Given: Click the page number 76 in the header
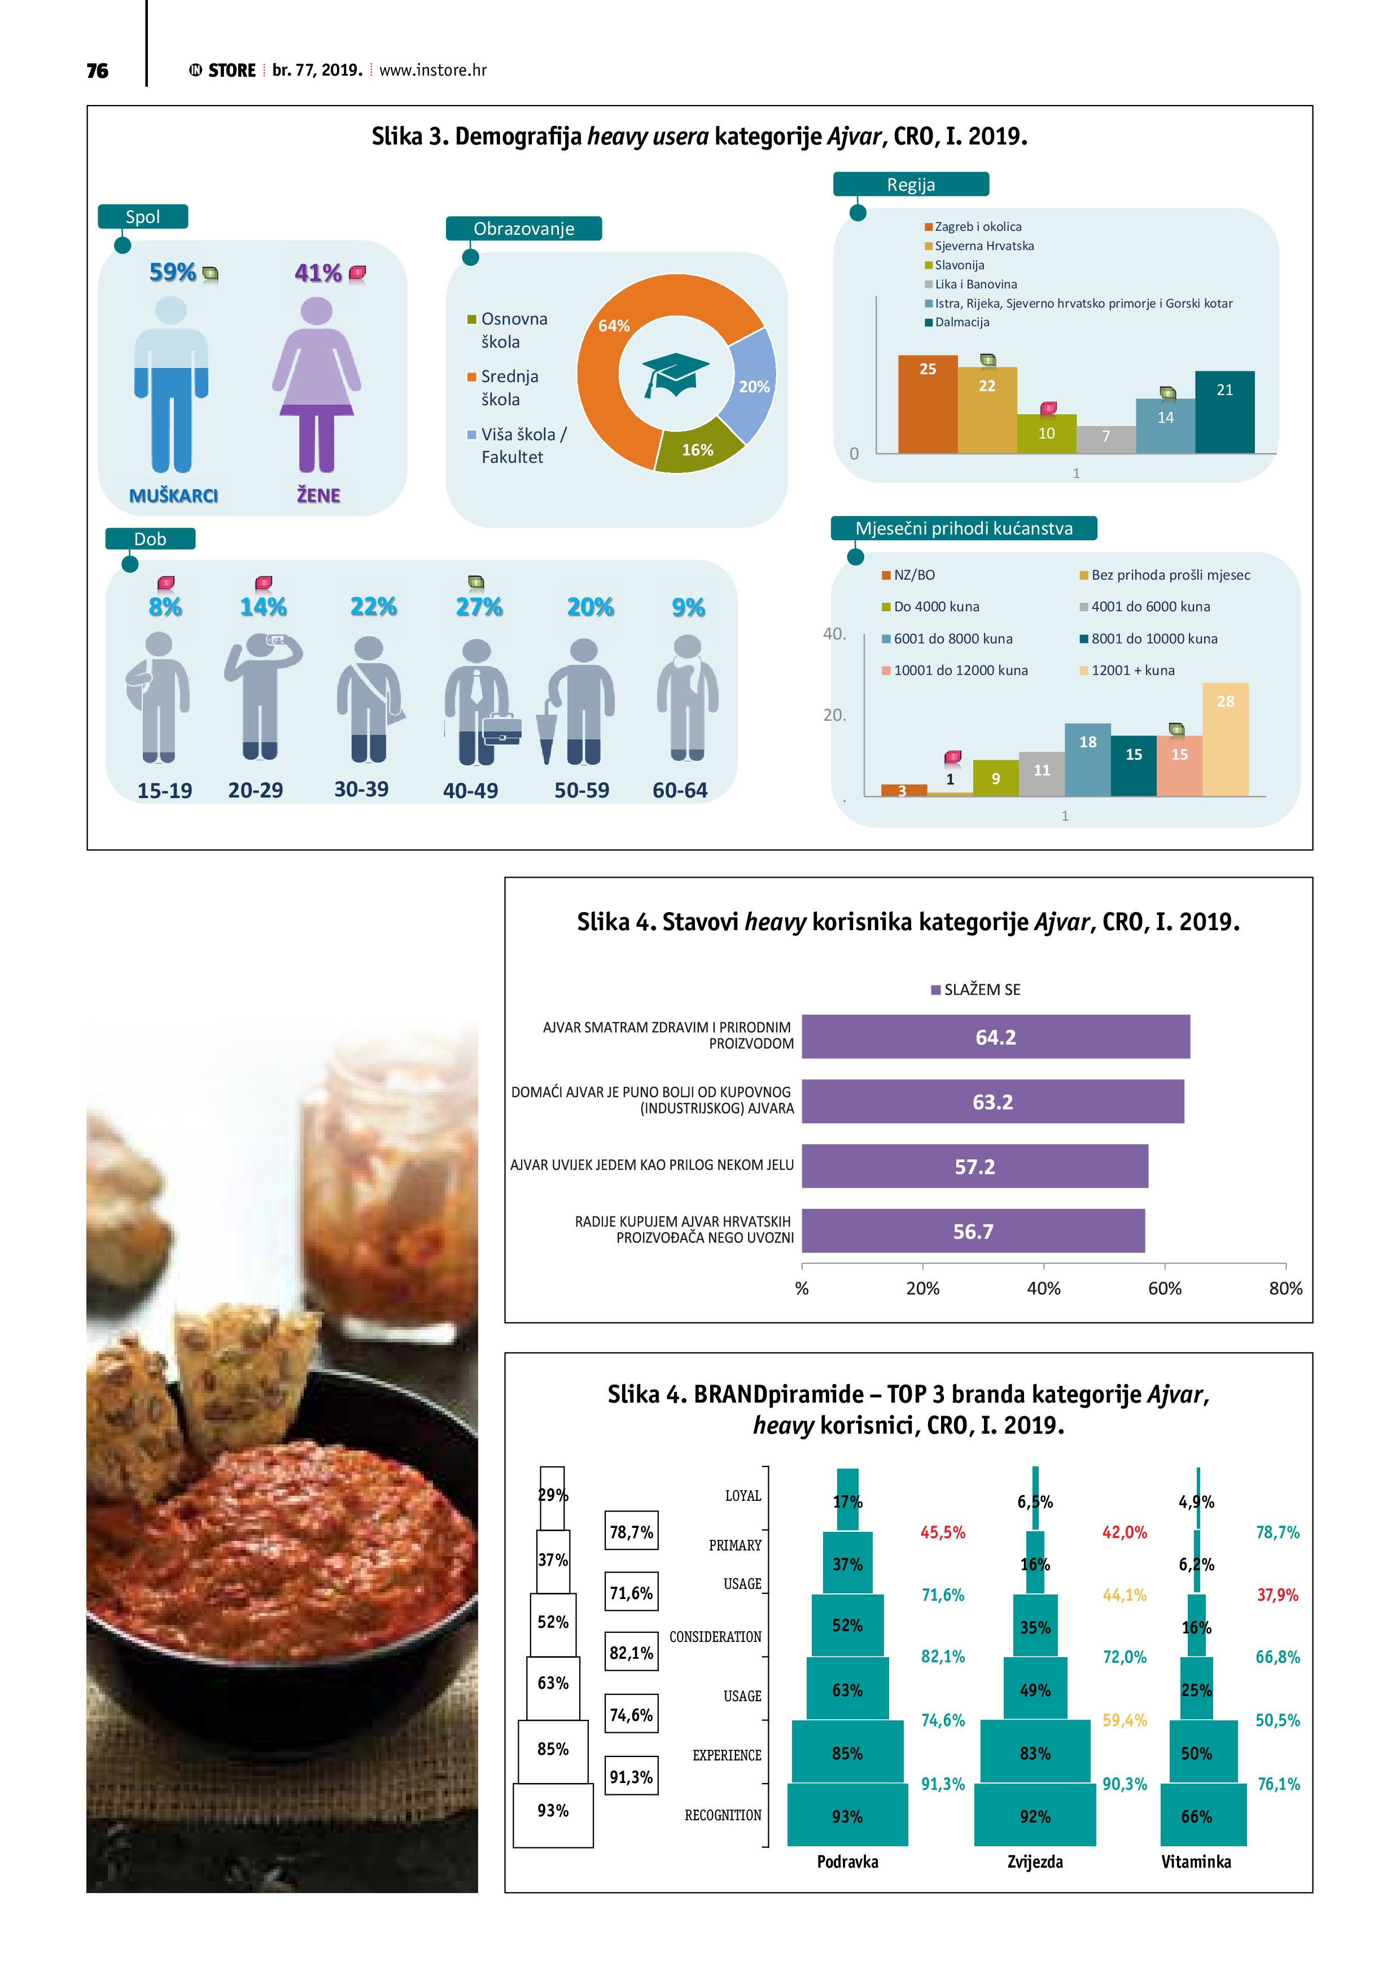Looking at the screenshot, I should point(98,71).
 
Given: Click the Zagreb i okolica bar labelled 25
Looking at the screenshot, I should point(928,404).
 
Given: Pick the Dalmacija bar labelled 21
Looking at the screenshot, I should point(1224,411).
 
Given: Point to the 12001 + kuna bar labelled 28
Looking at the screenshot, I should point(1225,739).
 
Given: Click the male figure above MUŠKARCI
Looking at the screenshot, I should point(172,384).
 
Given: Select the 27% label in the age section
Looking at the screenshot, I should point(479,607).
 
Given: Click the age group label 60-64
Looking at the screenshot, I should point(680,790).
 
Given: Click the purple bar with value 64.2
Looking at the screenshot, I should point(995,1037).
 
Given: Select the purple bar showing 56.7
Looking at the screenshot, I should point(973,1230).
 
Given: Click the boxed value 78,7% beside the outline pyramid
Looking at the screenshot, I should point(632,1532).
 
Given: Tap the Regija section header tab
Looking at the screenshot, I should point(911,185).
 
